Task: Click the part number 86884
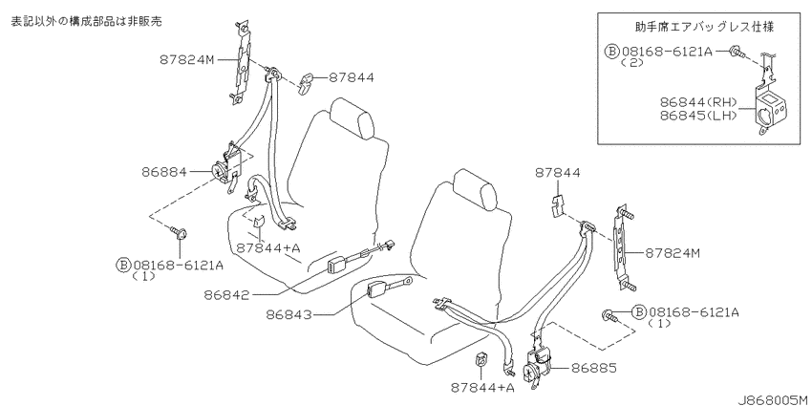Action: tap(163, 171)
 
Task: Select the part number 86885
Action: tap(594, 368)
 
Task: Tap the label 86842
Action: tap(226, 295)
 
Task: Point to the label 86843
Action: tap(289, 314)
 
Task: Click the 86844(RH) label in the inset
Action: tap(699, 102)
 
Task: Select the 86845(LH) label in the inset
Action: tap(699, 116)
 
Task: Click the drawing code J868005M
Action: tap(773, 399)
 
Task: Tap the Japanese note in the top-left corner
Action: tap(86, 21)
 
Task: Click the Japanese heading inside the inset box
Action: tap(705, 27)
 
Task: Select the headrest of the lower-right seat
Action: tap(476, 189)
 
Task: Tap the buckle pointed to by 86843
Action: tap(377, 290)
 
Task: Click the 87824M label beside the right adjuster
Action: tap(673, 253)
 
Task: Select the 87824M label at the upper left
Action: tap(187, 59)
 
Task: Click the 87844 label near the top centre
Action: tap(352, 77)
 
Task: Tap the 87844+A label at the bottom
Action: tap(482, 387)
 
